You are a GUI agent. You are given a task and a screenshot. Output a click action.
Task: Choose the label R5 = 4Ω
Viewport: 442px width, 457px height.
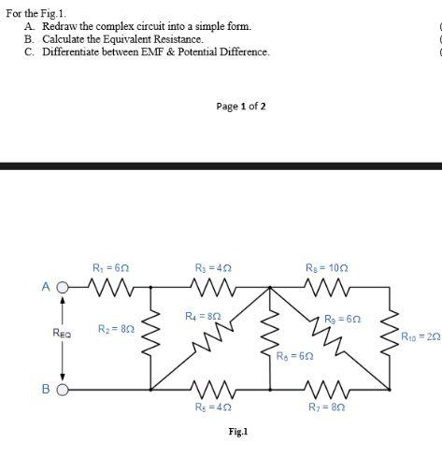tap(210, 407)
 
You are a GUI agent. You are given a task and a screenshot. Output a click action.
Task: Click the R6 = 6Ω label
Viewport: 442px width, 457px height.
tap(294, 356)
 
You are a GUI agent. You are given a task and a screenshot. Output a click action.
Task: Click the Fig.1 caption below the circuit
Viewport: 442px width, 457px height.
tap(237, 432)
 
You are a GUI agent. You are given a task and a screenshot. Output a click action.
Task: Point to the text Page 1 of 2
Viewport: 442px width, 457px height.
tap(241, 107)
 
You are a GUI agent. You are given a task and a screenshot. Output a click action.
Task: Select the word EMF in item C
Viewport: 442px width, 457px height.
tap(159, 51)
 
